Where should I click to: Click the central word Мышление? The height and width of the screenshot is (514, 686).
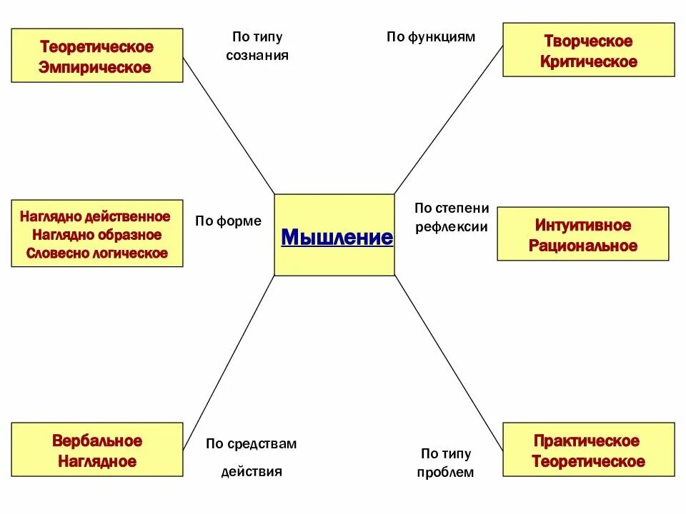coord(337,237)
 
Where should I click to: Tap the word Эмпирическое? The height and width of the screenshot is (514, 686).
coord(97,68)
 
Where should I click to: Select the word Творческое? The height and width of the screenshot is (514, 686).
coord(588,41)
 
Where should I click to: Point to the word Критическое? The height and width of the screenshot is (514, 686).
coord(588,62)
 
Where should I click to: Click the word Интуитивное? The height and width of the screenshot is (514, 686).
coord(583,226)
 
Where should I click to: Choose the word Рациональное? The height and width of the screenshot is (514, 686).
coord(583,246)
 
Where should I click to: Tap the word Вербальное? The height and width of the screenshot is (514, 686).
coord(97,440)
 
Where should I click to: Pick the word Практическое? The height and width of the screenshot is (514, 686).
coord(587,440)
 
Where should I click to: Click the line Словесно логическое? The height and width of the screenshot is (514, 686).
coord(96,253)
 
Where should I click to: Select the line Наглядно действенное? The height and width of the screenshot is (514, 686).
coord(96,216)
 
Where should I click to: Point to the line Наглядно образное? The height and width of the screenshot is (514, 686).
coord(96,235)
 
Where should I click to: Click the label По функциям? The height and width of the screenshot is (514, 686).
coord(431,37)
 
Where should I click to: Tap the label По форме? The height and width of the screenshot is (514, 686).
coord(229,221)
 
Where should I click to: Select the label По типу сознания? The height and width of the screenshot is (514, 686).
coord(257,46)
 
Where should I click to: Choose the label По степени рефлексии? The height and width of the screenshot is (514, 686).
coord(452,218)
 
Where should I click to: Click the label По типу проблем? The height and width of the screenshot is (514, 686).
coord(446,463)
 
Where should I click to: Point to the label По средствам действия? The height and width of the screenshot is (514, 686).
coord(252,457)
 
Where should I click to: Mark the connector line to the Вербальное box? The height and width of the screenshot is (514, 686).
coord(229,350)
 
